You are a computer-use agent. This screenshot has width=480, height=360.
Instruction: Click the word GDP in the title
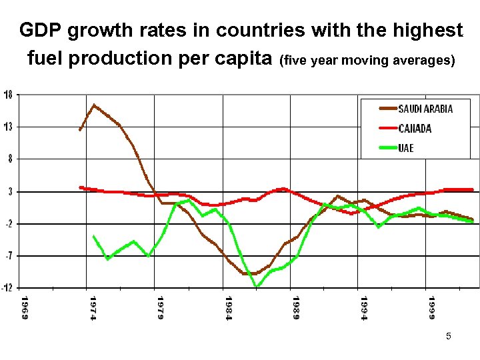(x=38, y=31)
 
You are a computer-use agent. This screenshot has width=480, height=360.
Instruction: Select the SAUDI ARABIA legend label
(x=425, y=109)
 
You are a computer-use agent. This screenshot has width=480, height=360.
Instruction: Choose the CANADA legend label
(x=415, y=128)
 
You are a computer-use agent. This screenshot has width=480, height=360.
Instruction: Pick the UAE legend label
(x=406, y=147)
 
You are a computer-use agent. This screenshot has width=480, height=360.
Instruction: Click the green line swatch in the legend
(x=379, y=147)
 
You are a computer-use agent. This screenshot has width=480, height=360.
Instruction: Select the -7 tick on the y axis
(x=8, y=256)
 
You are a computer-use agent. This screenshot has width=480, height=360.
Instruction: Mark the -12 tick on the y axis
(x=7, y=288)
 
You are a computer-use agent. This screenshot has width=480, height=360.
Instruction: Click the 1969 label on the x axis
(x=24, y=307)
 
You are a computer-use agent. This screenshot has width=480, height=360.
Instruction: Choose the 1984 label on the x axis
(x=229, y=307)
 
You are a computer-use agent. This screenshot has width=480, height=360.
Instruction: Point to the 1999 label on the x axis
(x=432, y=307)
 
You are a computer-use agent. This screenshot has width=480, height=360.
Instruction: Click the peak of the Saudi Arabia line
(x=94, y=105)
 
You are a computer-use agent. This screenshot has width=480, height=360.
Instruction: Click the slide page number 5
(x=449, y=337)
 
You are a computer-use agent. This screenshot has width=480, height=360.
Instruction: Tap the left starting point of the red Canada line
(x=81, y=187)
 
